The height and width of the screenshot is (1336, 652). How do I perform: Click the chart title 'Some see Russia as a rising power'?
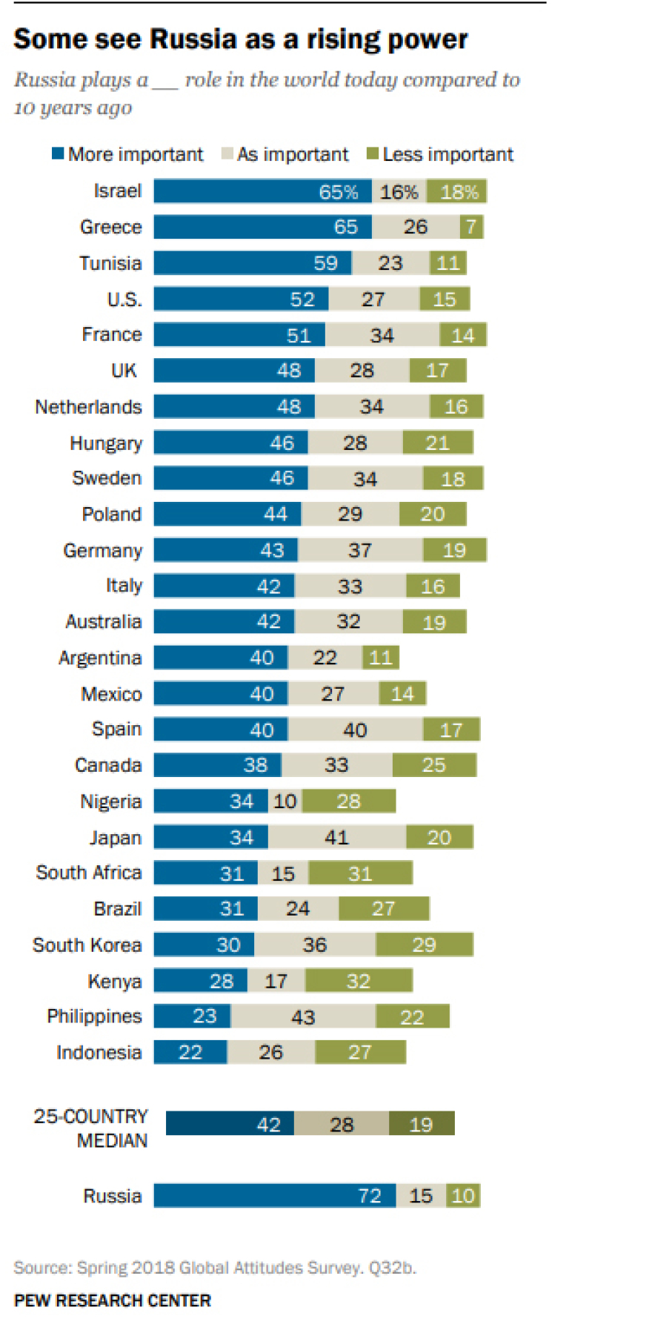pos(241,39)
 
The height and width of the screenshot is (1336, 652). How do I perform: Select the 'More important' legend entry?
pos(127,154)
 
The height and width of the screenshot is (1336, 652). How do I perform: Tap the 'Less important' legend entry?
pos(440,154)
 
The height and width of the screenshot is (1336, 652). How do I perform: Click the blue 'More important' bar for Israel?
pos(262,191)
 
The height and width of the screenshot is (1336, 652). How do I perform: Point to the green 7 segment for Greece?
pos(471,227)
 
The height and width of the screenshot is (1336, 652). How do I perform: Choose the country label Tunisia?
pos(110,263)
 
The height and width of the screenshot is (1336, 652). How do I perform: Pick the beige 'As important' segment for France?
pos(382,335)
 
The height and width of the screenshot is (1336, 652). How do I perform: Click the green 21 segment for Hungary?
pos(437,443)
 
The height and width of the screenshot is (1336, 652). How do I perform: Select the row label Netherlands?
pos(88,407)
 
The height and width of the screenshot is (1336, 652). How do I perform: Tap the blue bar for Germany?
pos(225,550)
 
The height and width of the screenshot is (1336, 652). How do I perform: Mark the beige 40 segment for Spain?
pos(355,730)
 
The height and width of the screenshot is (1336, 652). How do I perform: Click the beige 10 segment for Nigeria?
pos(285,801)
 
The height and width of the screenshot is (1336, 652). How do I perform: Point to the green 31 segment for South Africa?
pos(360,873)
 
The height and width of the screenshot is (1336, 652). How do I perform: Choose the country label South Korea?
pos(87,945)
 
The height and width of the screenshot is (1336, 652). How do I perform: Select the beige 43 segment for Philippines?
pos(303,1016)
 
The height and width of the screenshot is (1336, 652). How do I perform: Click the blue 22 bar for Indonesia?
pos(190,1052)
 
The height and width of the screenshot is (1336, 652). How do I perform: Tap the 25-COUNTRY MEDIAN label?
pos(91,1128)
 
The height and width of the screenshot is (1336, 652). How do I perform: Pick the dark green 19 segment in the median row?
pos(421,1124)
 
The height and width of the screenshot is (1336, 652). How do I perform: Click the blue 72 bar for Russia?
pos(274,1195)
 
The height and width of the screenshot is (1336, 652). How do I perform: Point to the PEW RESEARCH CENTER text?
pos(113,1300)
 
